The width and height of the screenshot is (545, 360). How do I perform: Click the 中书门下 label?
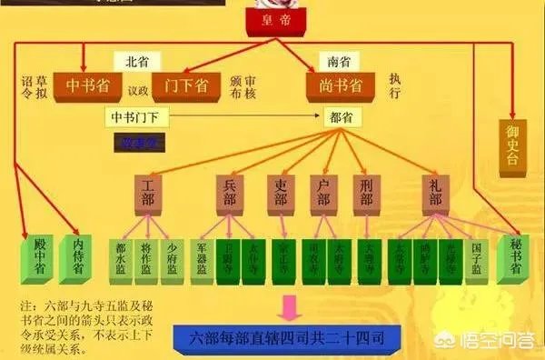coord(135,117)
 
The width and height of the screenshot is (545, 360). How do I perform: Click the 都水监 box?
coord(119,259)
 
